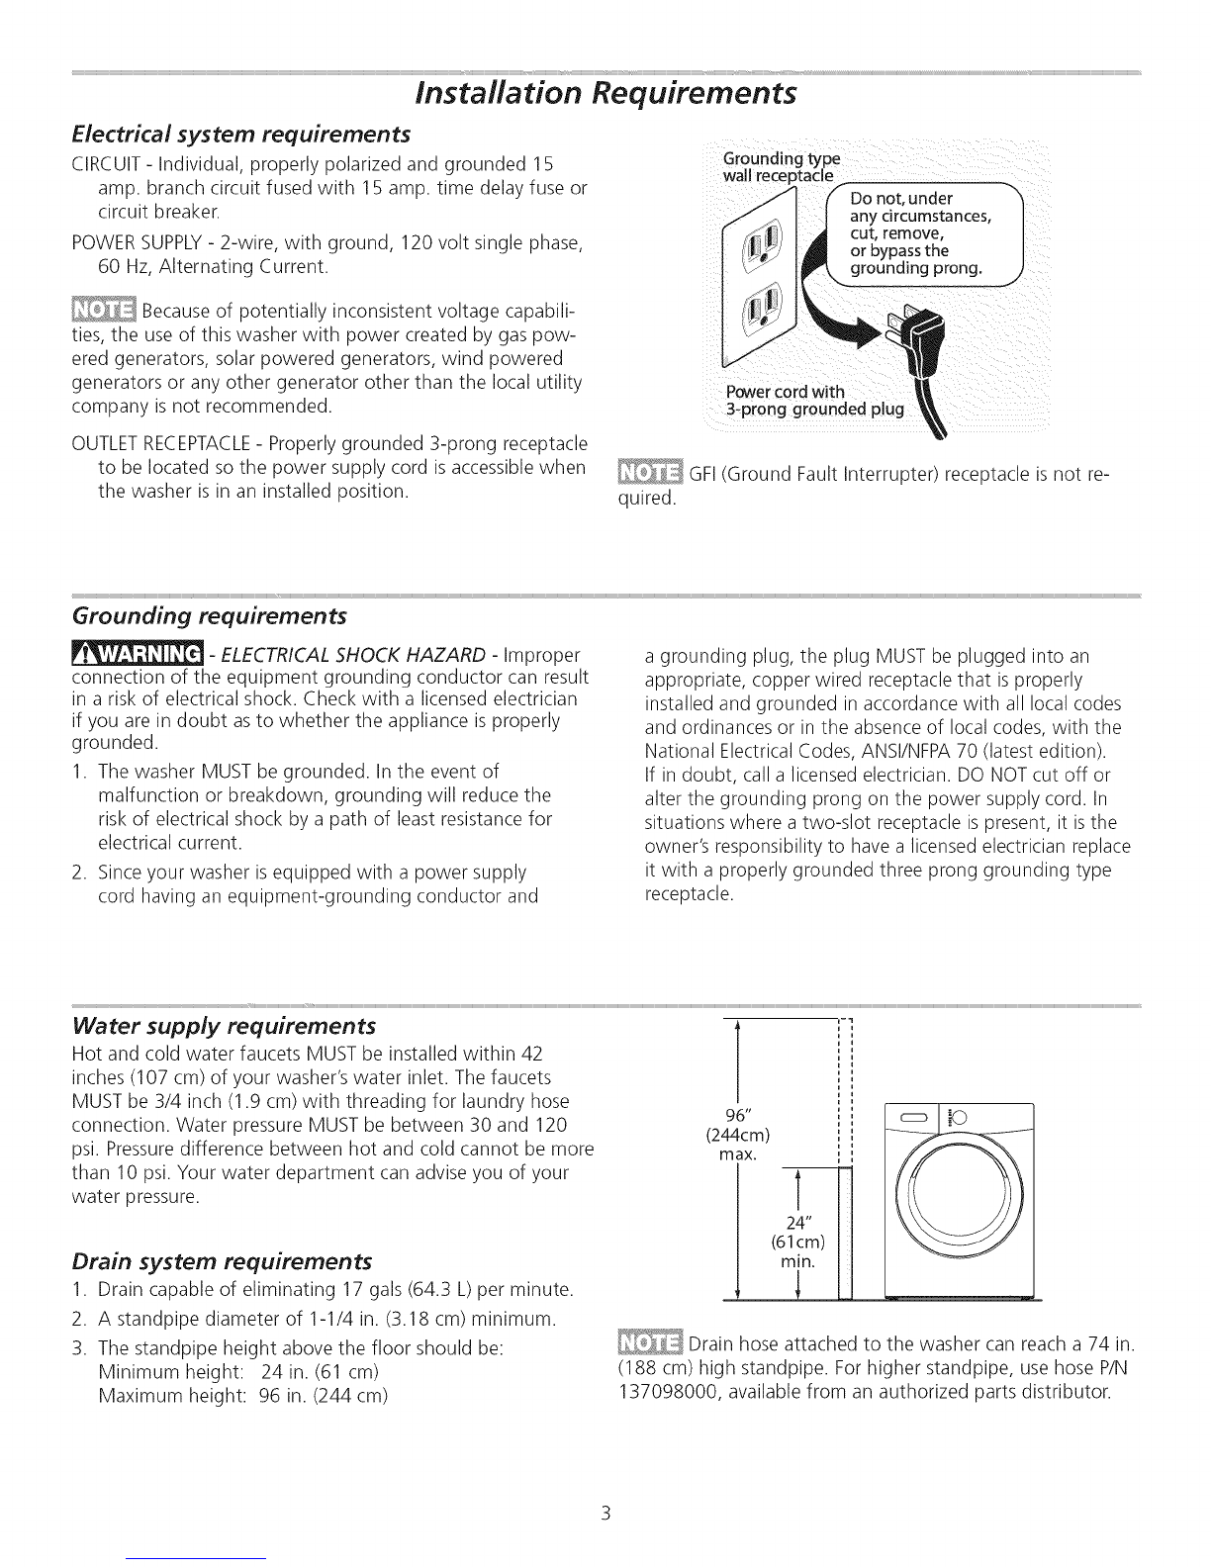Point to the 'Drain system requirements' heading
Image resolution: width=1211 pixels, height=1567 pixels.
[223, 1261]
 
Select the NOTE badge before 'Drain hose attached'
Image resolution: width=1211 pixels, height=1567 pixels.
[648, 1346]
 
